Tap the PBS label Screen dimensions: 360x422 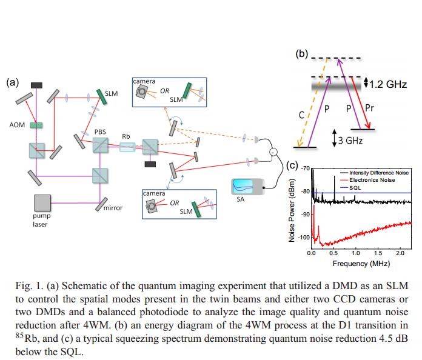[100, 132]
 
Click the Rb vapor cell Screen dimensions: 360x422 [127, 146]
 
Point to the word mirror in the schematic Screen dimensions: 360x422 [113, 208]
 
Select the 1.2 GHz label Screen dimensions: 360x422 [389, 84]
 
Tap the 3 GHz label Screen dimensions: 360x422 [350, 140]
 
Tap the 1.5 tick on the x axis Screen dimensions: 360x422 [378, 253]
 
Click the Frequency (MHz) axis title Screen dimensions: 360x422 [361, 263]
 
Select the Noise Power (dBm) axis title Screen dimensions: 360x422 [292, 212]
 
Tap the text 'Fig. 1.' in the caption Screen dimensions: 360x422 [28, 287]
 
